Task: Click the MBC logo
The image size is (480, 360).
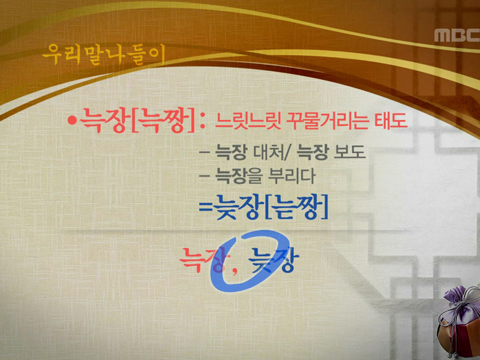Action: point(455,35)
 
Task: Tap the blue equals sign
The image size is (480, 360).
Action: point(206,208)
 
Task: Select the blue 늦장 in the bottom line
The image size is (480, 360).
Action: point(273,262)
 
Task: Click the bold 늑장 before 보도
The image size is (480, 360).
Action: point(313,154)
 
